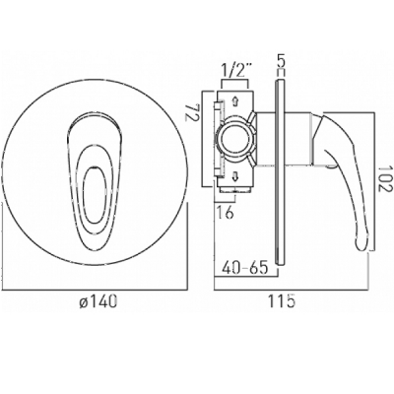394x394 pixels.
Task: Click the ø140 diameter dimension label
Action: tap(98, 300)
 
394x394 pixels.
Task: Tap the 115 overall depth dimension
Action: tap(282, 301)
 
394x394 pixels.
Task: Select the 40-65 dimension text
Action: tap(245, 268)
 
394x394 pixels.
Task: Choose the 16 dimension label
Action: tap(226, 213)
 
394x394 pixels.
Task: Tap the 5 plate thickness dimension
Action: tap(281, 61)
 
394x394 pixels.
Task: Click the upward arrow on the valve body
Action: tap(235, 101)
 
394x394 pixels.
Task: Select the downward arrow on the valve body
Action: tap(235, 177)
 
